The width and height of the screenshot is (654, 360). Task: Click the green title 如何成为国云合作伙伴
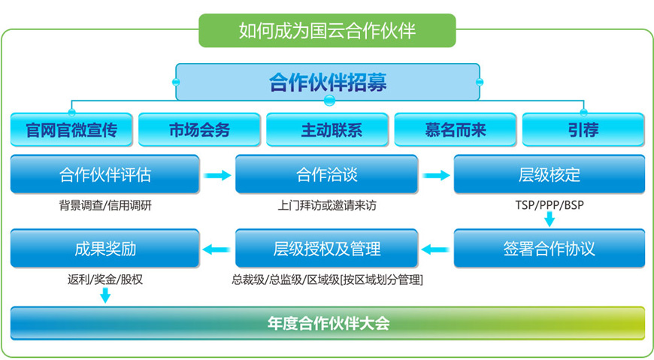coord(328,31)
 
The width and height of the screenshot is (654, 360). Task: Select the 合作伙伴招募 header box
coord(328,82)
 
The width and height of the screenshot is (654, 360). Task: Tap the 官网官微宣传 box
coord(71,130)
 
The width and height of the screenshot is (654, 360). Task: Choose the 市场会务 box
coord(199,130)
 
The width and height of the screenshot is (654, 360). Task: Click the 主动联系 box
coord(328,130)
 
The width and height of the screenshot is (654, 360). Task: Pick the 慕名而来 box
coord(456,130)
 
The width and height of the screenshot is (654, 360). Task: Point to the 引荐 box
coord(583,130)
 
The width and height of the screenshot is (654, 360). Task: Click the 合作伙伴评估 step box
coord(104,174)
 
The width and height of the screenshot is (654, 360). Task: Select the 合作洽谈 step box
coord(326,174)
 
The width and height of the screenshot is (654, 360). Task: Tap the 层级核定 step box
coord(550,174)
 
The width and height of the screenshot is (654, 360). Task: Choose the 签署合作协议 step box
coord(550,249)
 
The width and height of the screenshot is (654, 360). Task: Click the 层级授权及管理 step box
coord(326,249)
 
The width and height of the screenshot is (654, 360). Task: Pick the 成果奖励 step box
coord(104,249)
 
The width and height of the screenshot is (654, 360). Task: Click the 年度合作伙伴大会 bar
coord(328,323)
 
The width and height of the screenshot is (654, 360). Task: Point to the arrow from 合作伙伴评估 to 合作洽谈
coord(217,175)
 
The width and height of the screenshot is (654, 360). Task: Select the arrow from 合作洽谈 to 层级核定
coord(436,175)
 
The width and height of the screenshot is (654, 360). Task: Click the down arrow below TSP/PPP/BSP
coord(550,219)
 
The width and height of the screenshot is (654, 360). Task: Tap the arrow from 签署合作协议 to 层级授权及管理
coord(435,250)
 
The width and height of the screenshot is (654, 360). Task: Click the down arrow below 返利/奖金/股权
coord(105,295)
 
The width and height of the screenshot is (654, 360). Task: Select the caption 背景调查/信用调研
coord(105,205)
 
